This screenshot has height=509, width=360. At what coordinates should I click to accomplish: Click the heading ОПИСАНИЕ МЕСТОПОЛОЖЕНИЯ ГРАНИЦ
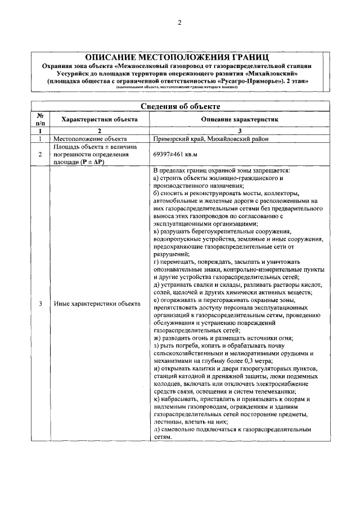pos(179,57)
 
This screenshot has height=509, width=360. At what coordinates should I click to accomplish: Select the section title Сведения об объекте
pos(179,106)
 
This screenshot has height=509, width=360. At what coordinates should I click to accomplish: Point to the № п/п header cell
pos(40,119)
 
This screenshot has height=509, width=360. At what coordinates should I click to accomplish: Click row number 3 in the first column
pos(40,304)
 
